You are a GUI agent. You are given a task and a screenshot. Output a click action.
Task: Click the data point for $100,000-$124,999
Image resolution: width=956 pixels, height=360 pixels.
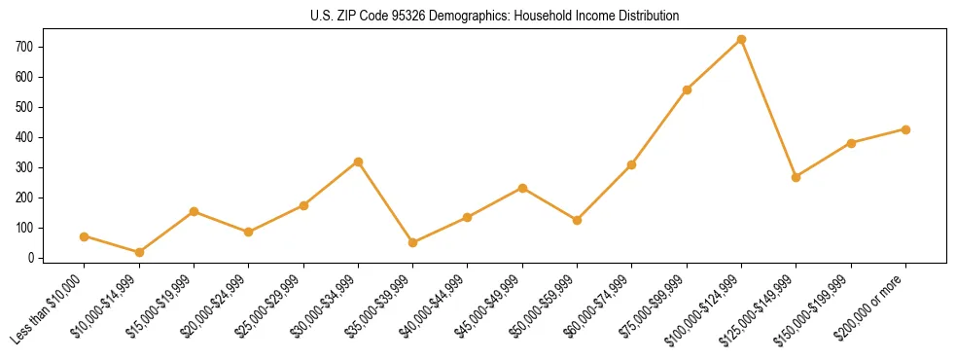(741, 39)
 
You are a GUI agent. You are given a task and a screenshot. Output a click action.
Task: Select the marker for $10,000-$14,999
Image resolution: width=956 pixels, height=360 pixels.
(139, 252)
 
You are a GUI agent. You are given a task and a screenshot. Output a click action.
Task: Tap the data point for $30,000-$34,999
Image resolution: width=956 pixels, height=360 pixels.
(358, 162)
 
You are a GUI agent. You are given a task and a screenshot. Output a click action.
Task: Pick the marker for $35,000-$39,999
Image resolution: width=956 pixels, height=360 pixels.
(412, 242)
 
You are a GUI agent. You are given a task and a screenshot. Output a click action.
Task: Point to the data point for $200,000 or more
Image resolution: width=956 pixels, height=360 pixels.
(905, 129)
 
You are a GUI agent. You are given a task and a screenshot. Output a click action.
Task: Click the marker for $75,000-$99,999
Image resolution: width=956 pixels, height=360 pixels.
(687, 90)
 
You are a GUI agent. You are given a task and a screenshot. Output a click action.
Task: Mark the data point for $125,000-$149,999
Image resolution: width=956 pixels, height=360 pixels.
(796, 177)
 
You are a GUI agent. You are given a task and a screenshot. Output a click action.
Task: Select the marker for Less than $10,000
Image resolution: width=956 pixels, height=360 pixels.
(84, 236)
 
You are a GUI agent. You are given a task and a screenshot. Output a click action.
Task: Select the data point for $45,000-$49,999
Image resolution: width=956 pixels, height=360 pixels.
(522, 188)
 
